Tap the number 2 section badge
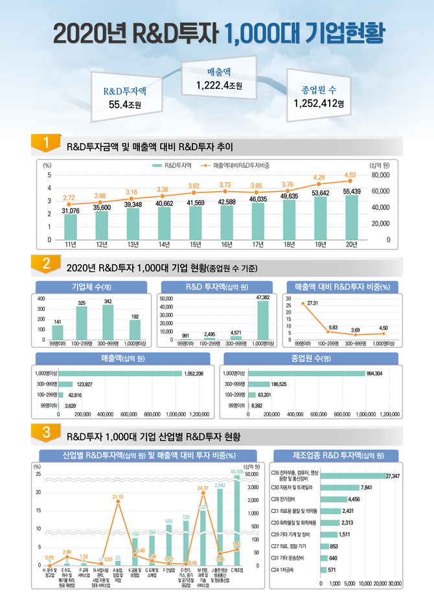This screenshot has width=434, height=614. point(46,264)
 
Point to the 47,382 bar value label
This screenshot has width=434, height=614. point(263,297)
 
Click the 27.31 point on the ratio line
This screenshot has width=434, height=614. point(303,303)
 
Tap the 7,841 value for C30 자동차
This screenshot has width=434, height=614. point(367,487)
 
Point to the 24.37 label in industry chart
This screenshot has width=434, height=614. point(203,488)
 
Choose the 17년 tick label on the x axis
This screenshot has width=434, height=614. point(257,244)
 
